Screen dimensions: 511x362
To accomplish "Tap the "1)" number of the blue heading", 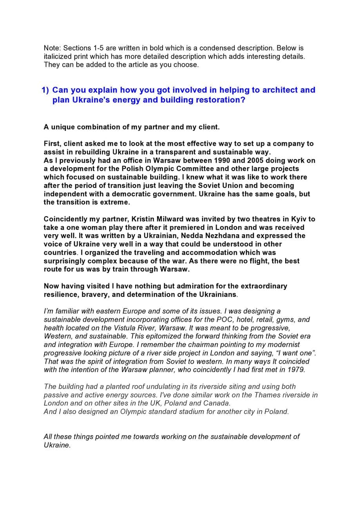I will (45, 90).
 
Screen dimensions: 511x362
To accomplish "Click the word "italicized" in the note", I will (59, 56).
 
